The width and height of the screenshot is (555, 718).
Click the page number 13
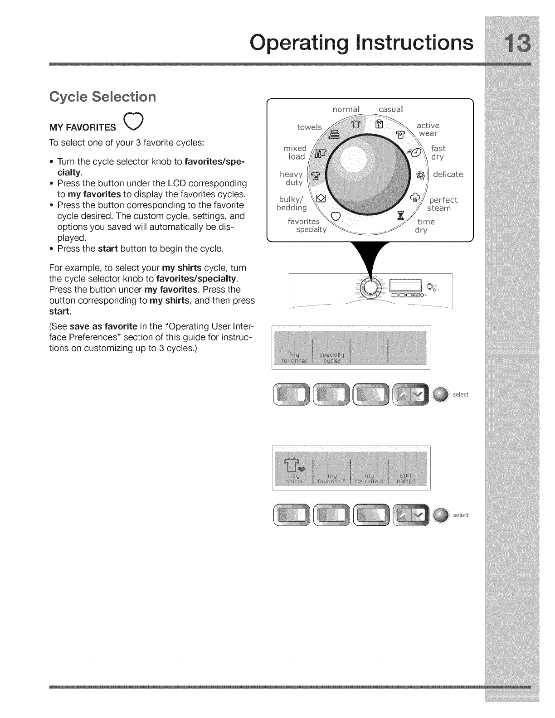(x=512, y=44)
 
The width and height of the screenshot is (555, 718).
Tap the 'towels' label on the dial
(x=309, y=127)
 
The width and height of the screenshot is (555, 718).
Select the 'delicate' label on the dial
(x=448, y=175)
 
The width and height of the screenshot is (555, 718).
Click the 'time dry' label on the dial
(x=425, y=226)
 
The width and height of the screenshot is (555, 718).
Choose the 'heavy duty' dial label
(x=292, y=179)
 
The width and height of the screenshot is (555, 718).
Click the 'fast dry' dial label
(x=438, y=153)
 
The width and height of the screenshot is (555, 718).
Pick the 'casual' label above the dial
(x=390, y=109)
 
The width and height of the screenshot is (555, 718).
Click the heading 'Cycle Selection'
(x=102, y=97)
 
